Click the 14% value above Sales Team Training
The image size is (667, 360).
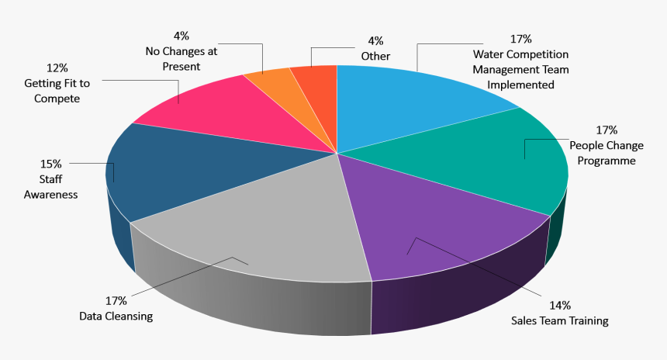point(560,305)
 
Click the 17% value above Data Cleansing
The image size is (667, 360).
point(116,300)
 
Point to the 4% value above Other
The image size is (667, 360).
point(375,40)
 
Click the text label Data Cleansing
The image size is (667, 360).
point(116,316)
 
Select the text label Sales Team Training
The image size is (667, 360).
point(560,320)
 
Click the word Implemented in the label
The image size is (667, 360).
point(520,85)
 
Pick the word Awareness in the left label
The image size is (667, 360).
point(51,195)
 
